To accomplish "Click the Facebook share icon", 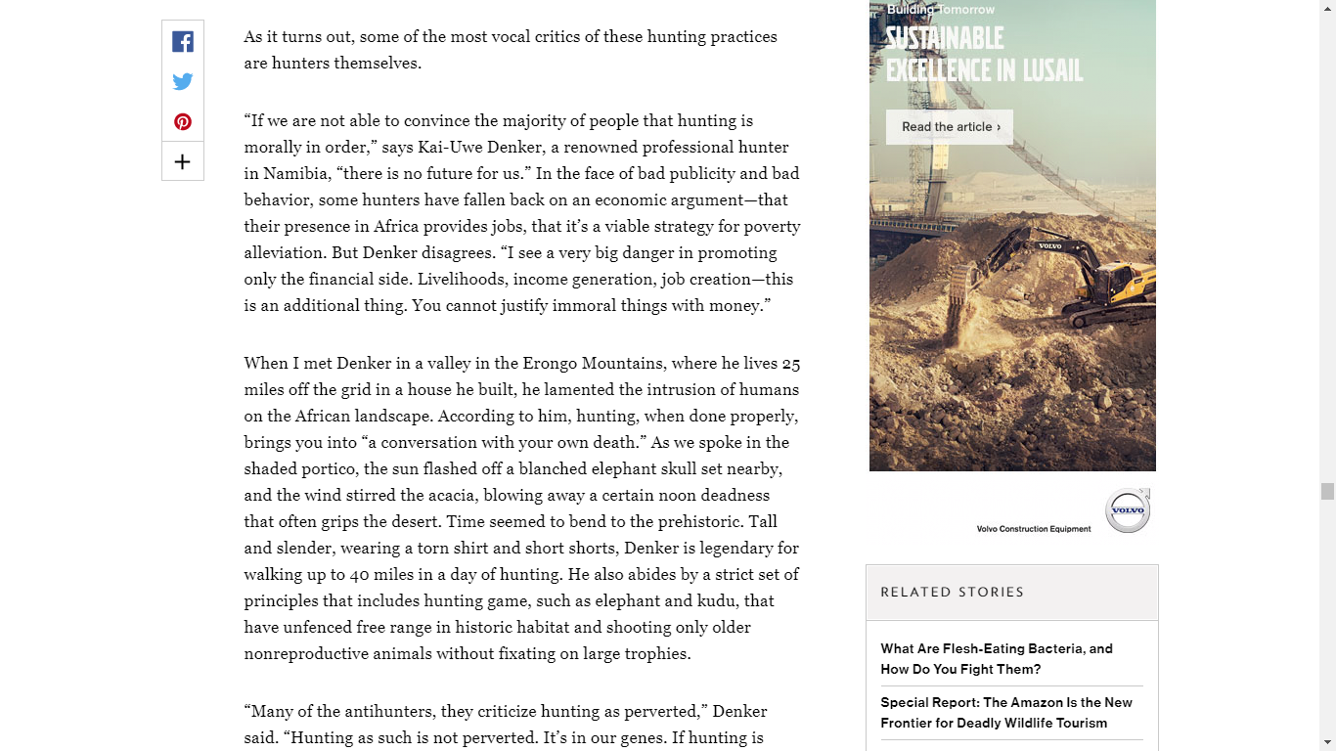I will click(x=183, y=41).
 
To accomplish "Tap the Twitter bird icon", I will click(x=183, y=81).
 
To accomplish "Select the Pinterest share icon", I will click(x=183, y=121).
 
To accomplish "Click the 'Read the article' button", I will click(x=950, y=127).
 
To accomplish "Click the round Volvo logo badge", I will click(x=1127, y=510).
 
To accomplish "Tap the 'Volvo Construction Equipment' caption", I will click(x=1033, y=529).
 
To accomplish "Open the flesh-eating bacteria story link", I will click(x=996, y=658).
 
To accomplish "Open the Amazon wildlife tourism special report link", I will click(x=1005, y=712).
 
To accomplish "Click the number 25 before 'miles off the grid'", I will click(x=790, y=364).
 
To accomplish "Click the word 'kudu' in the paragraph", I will click(x=719, y=601).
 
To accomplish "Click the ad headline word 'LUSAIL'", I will click(x=1050, y=70).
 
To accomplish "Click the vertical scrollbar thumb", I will click(x=1327, y=491).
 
